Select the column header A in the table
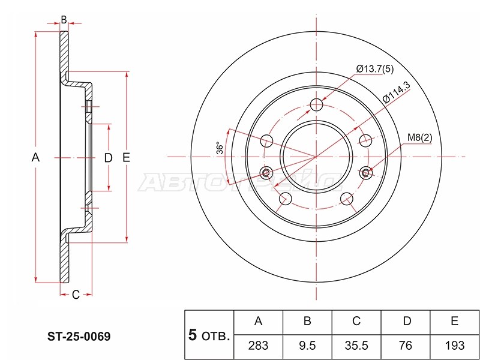tap(259, 322)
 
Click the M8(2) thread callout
tap(419, 138)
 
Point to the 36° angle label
tap(220, 149)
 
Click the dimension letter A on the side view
tap(35, 158)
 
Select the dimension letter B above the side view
tap(64, 20)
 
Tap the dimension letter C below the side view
tap(76, 294)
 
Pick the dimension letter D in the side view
tap(109, 158)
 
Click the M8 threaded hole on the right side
tap(367, 173)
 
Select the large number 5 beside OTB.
tap(193, 336)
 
